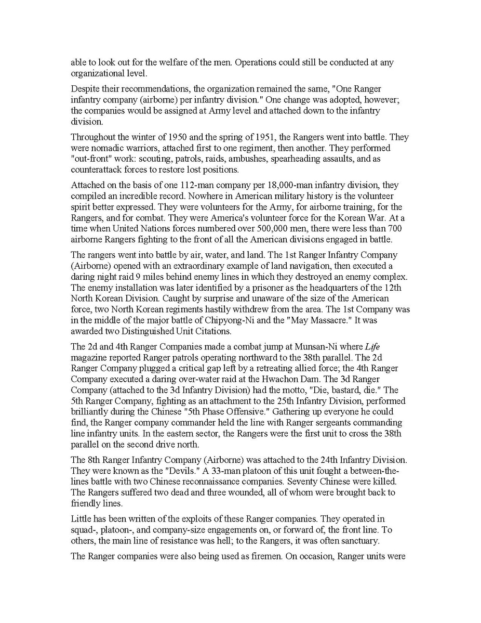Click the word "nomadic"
point(110,148)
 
